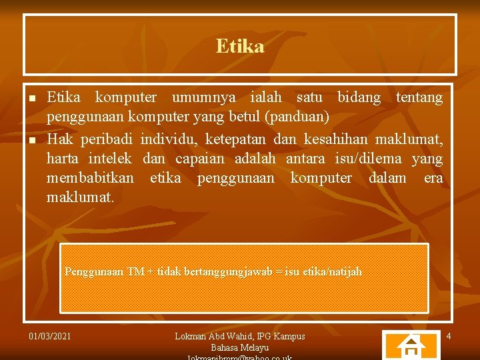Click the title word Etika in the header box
pos(240,46)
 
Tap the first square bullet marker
pos(32,98)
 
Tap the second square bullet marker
pos(32,140)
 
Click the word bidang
pos(359,98)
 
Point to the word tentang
pos(419,98)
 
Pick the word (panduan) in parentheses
pos(297,118)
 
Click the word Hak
pos(60,139)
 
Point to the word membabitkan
pos(90,178)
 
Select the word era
pos(433,178)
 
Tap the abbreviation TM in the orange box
pos(136,272)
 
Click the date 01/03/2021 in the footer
pos(51,336)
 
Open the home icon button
pos(411,346)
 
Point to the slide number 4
pos(449,336)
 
